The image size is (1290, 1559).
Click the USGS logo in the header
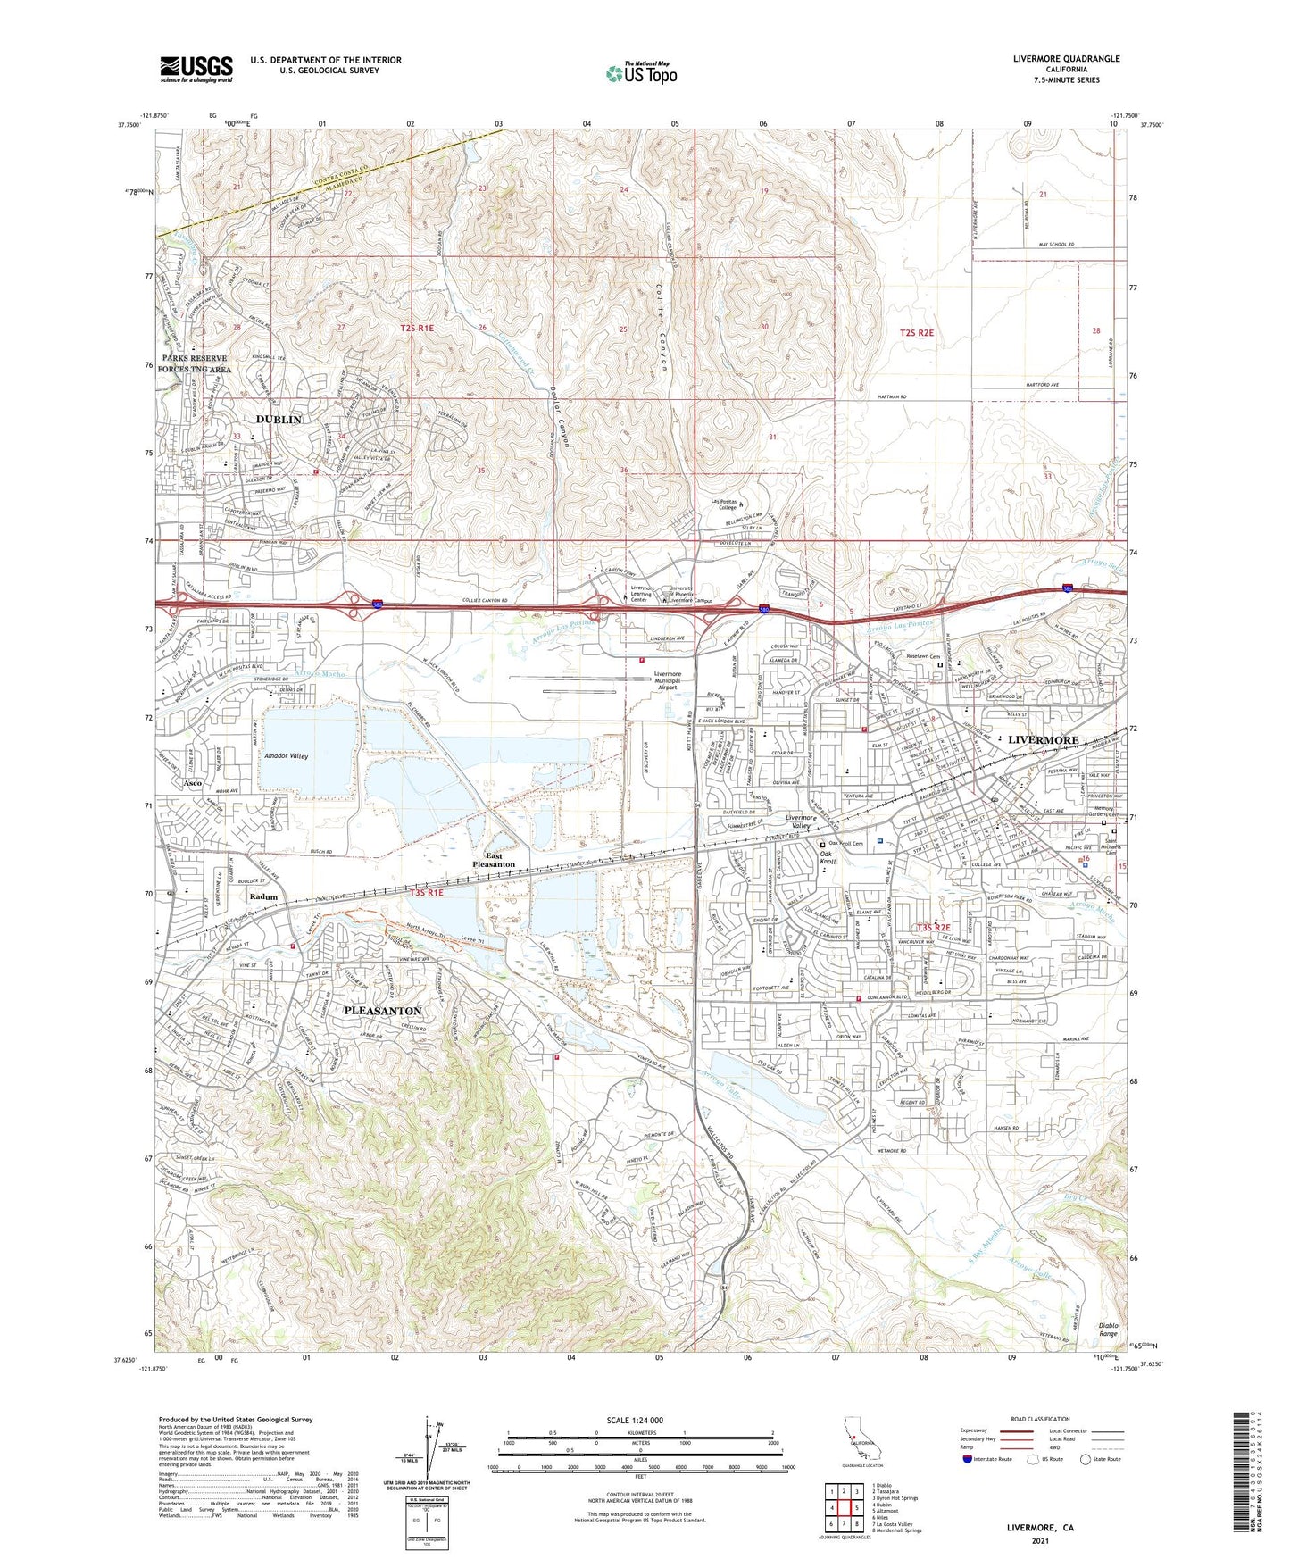(x=196, y=68)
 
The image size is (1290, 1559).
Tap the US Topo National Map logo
(x=640, y=73)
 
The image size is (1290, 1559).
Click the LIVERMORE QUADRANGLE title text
(x=1066, y=59)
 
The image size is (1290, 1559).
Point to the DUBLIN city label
(x=279, y=419)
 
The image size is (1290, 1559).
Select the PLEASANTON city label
(x=382, y=1011)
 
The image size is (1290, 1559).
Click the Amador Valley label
(x=287, y=756)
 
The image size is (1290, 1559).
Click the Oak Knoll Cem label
(x=845, y=844)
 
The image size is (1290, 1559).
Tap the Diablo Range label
(x=1108, y=1330)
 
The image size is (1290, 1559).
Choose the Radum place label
(x=263, y=896)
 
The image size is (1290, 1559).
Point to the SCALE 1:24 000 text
(x=635, y=1421)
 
